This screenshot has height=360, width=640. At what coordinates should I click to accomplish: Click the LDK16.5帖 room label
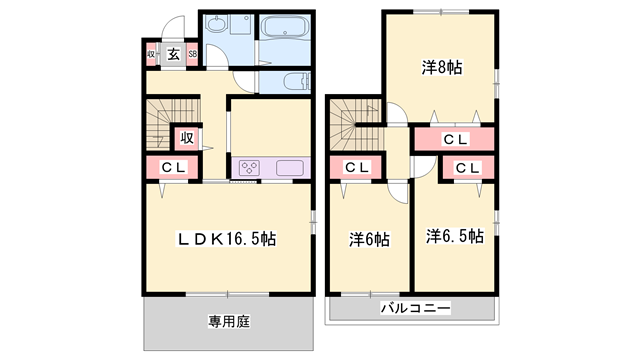click(226, 239)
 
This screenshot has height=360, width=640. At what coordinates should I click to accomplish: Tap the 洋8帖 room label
click(442, 67)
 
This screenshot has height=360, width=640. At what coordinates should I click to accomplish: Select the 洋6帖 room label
click(369, 240)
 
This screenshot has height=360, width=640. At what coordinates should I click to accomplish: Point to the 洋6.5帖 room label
click(455, 236)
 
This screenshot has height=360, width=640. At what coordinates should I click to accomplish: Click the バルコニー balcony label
click(416, 308)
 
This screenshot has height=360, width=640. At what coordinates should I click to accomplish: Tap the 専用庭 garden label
click(229, 322)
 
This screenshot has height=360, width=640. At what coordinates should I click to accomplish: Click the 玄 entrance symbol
click(173, 54)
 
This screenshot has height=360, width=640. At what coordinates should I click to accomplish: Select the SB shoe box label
click(192, 54)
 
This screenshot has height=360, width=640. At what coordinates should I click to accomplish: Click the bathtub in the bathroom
click(284, 27)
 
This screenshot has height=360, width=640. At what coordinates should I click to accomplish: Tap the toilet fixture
click(297, 81)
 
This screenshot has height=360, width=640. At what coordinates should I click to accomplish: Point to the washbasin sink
click(215, 24)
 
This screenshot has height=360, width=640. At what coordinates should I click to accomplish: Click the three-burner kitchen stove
click(249, 167)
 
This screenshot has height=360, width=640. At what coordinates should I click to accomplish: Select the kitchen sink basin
click(290, 168)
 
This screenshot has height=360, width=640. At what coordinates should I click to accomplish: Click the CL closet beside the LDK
click(173, 167)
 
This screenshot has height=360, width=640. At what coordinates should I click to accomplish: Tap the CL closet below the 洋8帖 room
click(454, 140)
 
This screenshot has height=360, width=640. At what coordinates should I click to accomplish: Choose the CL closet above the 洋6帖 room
click(356, 167)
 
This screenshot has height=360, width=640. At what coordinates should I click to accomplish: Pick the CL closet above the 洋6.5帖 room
click(468, 168)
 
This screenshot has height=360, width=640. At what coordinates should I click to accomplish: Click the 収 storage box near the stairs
click(187, 139)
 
